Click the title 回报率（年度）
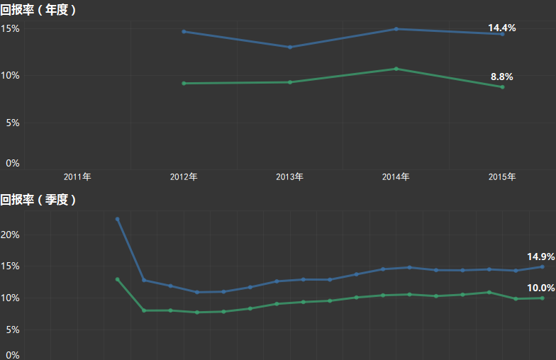click(x=38, y=10)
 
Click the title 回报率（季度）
click(x=38, y=200)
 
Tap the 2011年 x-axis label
click(x=77, y=176)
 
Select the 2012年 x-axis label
click(x=184, y=176)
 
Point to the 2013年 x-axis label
click(x=289, y=176)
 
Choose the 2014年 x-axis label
click(x=396, y=176)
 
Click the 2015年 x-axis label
click(x=502, y=176)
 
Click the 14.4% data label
click(x=501, y=28)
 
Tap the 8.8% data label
click(x=501, y=77)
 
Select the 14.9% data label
click(x=540, y=257)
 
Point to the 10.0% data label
click(x=540, y=288)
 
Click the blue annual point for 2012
click(x=184, y=31)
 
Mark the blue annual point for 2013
click(x=289, y=47)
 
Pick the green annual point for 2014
click(x=396, y=69)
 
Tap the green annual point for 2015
click(x=502, y=87)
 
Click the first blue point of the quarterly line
click(x=117, y=219)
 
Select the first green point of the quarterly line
click(x=117, y=279)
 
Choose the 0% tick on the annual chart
click(x=13, y=163)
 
